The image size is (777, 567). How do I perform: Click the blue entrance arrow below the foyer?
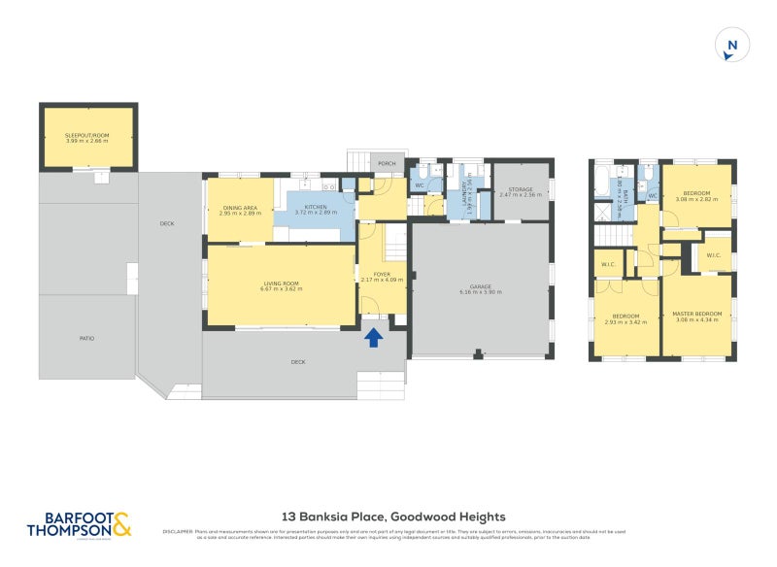tap(373, 337)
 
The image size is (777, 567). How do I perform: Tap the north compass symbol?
tap(732, 46)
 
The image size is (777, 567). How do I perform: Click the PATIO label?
tap(87, 338)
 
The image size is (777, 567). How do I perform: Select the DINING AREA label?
tap(240, 207)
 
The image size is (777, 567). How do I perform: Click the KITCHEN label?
tap(315, 207)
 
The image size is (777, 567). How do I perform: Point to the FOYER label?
tap(382, 275)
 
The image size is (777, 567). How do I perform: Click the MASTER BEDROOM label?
tap(696, 314)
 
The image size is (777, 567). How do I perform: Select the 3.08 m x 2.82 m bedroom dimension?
tap(697, 199)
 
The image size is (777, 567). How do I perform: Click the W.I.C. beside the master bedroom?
tap(714, 256)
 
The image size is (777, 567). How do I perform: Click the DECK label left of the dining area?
tap(166, 224)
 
